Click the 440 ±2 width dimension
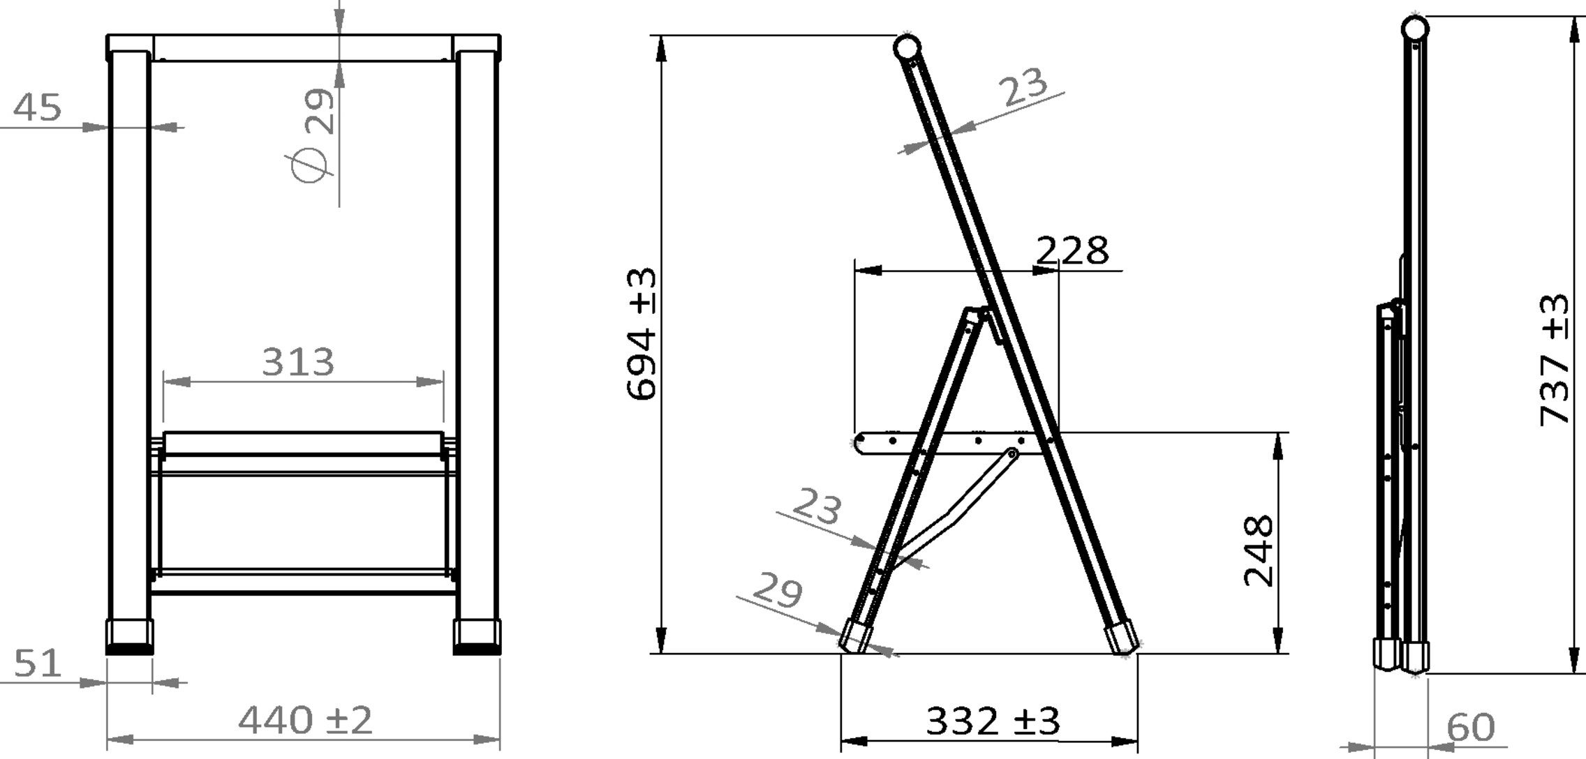pyautogui.click(x=305, y=720)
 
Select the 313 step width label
pyautogui.click(x=298, y=362)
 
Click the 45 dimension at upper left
pyautogui.click(x=38, y=107)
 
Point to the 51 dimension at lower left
pyautogui.click(x=38, y=663)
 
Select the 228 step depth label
pyautogui.click(x=1072, y=250)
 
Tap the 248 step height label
pyautogui.click(x=1260, y=551)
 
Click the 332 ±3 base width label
pyautogui.click(x=992, y=721)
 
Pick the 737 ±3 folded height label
pyautogui.click(x=1555, y=359)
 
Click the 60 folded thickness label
pyautogui.click(x=1469, y=728)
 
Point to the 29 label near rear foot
pyautogui.click(x=778, y=592)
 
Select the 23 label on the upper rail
pyautogui.click(x=1023, y=87)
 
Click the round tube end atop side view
pyautogui.click(x=907, y=48)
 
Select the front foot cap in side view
pyautogui.click(x=1121, y=638)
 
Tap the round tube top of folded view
pyautogui.click(x=1414, y=29)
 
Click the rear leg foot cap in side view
pyautogui.click(x=856, y=636)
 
